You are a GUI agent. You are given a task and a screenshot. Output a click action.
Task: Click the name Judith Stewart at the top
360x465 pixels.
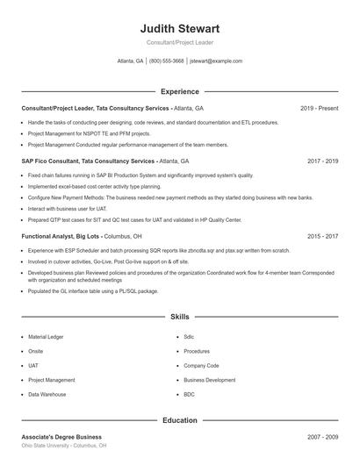point(179,28)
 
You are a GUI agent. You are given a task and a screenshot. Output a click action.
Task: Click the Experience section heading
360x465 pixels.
point(179,91)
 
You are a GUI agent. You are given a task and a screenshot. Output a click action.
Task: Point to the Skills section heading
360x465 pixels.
point(179,316)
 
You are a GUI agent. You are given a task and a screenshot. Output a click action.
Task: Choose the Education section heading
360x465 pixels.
point(179,420)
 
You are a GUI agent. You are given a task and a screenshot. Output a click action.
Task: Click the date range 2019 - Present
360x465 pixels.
point(319,108)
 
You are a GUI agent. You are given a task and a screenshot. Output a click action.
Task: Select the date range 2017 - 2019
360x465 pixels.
point(322,161)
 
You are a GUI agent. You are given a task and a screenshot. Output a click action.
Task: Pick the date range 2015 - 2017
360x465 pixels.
point(322,236)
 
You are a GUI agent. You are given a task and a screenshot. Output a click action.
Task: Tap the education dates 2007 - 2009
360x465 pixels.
point(322,436)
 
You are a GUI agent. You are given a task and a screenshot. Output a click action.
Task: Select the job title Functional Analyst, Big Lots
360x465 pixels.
point(61,236)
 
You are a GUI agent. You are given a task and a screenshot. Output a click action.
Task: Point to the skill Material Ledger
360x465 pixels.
point(46,336)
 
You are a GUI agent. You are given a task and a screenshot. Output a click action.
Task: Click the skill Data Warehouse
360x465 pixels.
point(47,395)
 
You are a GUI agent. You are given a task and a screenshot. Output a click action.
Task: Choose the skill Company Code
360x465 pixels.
point(201,365)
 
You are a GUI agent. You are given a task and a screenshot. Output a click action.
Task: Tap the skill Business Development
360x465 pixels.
point(209,380)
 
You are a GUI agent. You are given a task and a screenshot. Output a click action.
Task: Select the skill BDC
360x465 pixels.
point(189,395)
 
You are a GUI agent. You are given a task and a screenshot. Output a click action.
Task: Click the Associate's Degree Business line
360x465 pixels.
point(61,436)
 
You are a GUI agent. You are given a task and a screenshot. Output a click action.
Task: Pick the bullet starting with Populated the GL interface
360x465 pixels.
point(93,290)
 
